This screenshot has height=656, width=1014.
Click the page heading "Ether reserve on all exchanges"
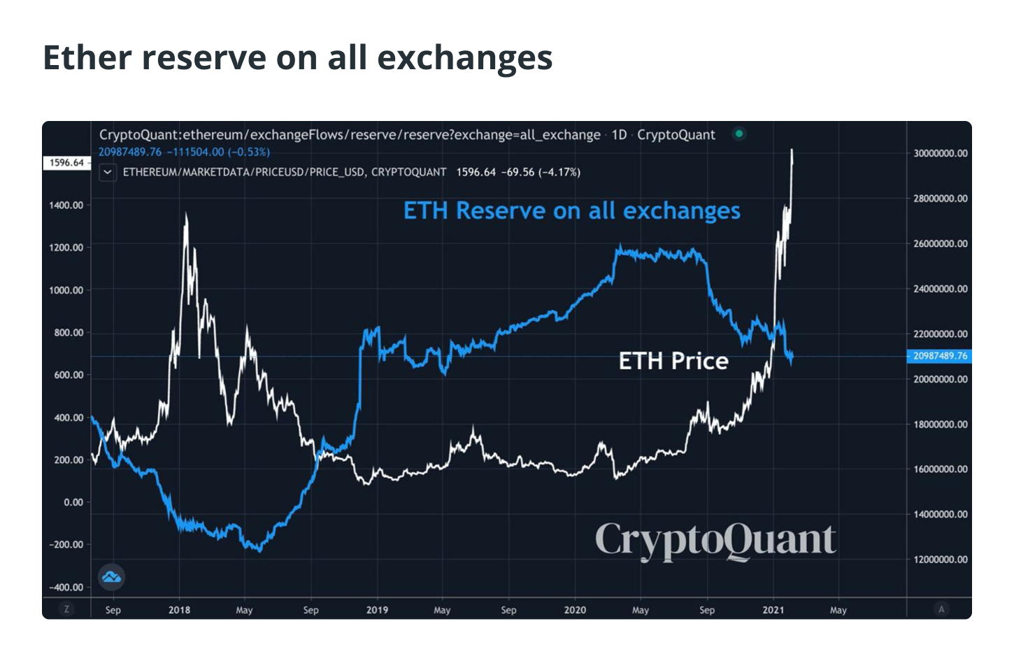pos(297,57)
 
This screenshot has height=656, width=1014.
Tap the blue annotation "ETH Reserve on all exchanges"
pos(571,211)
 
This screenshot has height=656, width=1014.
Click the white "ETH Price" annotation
pos(673,361)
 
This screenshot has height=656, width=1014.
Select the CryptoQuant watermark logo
pos(715,541)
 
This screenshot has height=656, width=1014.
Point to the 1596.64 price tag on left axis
pos(66,163)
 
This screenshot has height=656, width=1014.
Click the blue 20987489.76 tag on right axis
pos(939,356)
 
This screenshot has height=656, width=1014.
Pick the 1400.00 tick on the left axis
pos(66,205)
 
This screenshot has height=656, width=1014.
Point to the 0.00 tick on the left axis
pos(73,502)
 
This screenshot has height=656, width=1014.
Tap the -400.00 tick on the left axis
pos(66,587)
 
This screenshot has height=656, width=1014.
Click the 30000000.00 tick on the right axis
pos(941,153)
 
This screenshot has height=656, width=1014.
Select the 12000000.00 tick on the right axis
pos(941,559)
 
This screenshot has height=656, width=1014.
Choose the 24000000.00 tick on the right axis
pos(941,289)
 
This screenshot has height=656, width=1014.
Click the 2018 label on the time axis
pos(179,610)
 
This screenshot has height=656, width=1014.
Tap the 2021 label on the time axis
pos(773,610)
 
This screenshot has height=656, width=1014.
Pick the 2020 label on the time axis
pos(575,610)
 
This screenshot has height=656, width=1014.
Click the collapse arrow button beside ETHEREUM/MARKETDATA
pos(108,172)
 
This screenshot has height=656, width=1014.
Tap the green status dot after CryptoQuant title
pos(738,134)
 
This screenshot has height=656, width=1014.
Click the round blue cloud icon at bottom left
pos(111,577)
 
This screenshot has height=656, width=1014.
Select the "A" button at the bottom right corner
pos(941,609)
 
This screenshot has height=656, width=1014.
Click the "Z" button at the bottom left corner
pos(66,609)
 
